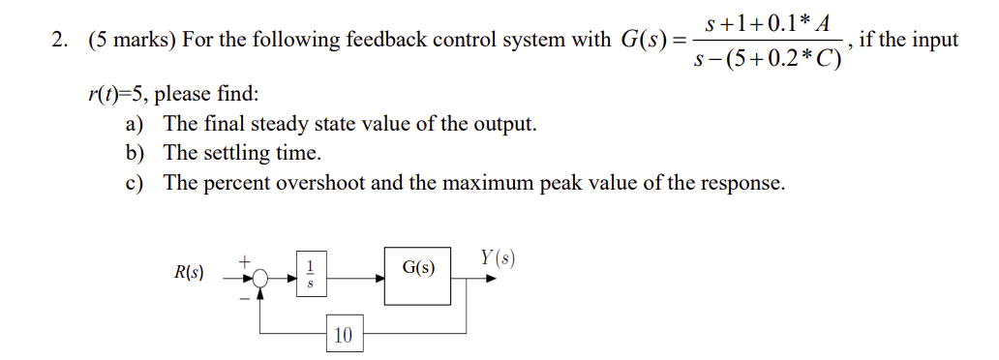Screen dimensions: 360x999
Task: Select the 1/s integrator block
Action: click(311, 274)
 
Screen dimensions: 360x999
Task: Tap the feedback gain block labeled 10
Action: click(344, 336)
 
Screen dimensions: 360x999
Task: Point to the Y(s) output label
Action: click(497, 257)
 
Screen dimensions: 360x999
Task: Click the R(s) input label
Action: click(189, 273)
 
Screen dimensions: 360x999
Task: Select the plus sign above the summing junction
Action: click(246, 259)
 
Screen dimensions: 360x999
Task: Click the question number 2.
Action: click(59, 41)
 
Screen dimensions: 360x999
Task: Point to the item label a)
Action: click(136, 124)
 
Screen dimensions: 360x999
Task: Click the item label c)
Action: click(135, 183)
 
